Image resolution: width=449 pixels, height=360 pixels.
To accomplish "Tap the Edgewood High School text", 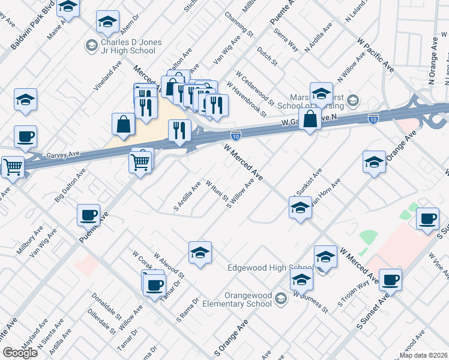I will coord(271,268).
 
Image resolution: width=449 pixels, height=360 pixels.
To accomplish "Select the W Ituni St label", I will coord(216,190).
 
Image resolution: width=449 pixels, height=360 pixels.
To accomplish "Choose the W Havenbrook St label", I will coord(246,98).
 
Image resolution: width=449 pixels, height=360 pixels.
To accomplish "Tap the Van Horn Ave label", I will coord(326,192).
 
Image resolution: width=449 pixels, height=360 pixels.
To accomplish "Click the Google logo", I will coord(20,353).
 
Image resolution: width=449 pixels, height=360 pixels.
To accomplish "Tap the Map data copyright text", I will coord(424,354).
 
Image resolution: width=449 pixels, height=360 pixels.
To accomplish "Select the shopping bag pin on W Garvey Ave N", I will coord(310,119).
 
